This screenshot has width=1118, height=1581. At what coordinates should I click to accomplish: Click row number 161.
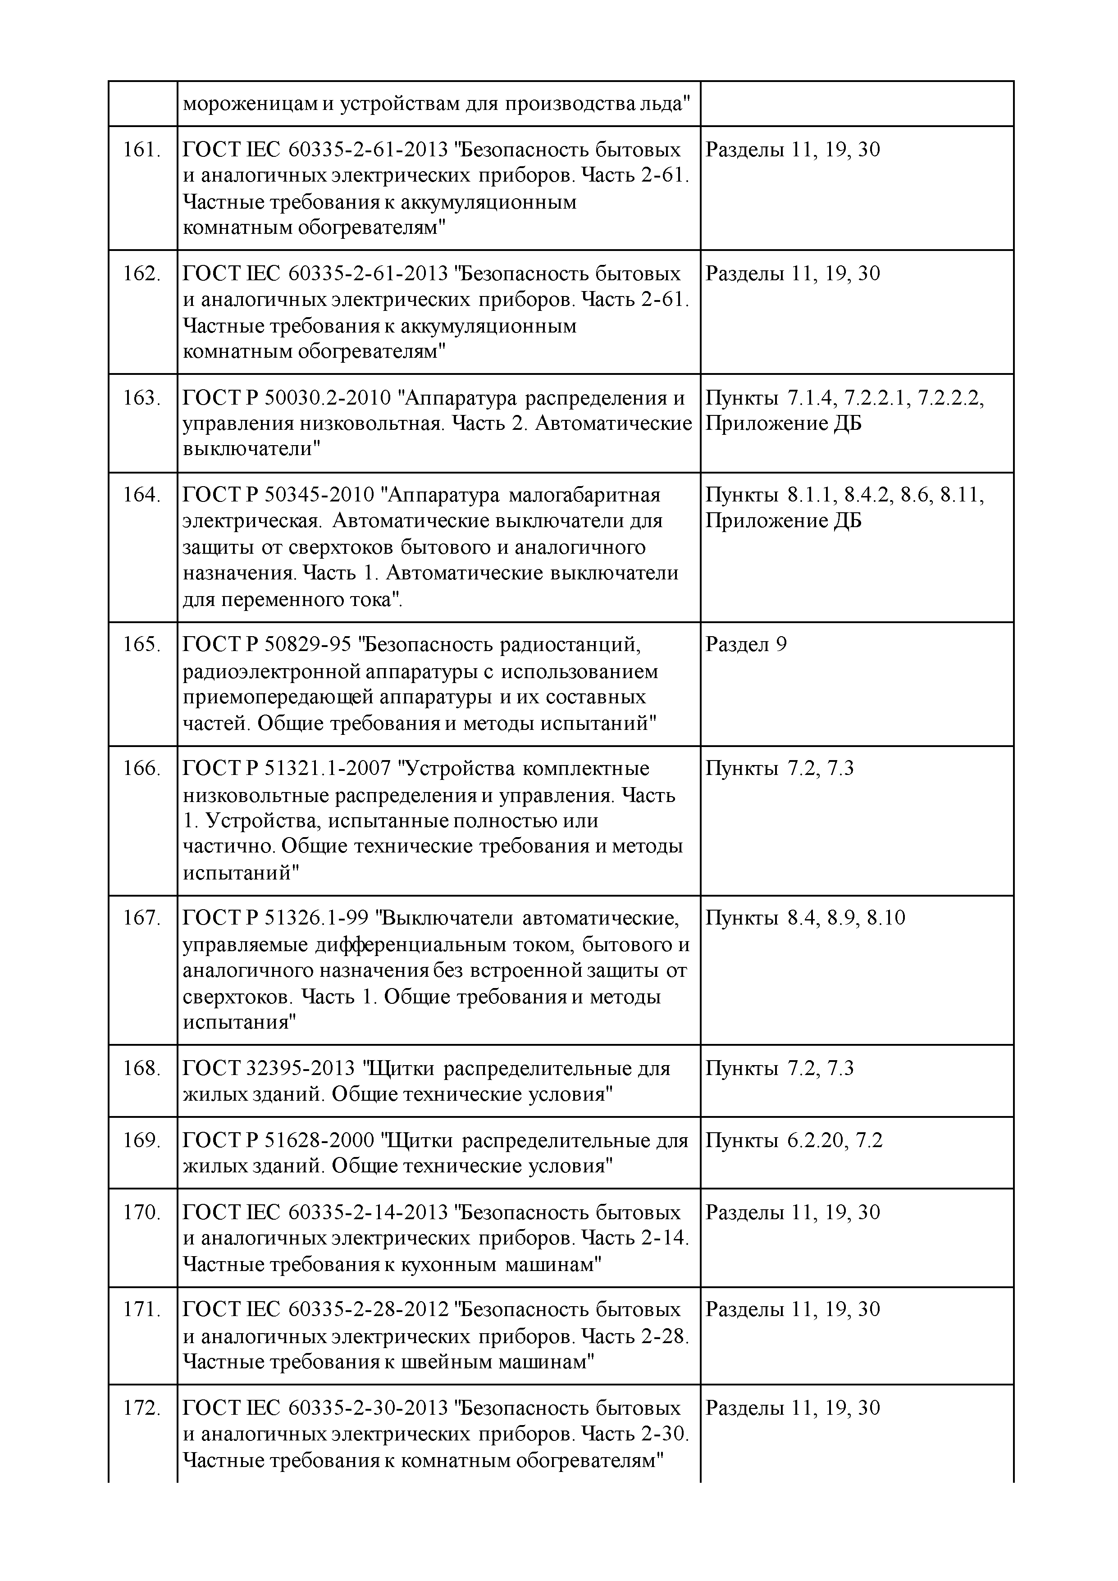141,150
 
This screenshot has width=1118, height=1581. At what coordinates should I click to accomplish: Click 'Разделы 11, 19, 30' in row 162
793,274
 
